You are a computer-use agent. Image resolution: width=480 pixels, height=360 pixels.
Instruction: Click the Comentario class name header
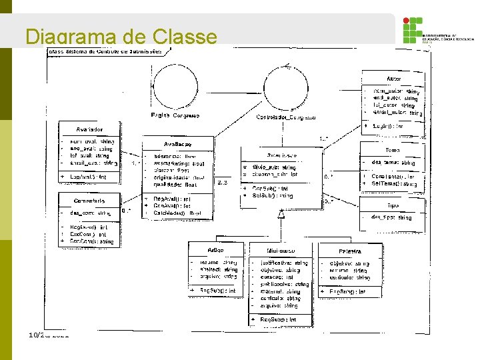(x=90, y=200)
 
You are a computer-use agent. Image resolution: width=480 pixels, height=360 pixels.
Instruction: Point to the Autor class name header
(x=394, y=78)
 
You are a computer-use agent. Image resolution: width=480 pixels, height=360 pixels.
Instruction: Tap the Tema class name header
(x=393, y=150)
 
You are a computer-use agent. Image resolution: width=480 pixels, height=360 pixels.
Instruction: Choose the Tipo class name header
(x=393, y=205)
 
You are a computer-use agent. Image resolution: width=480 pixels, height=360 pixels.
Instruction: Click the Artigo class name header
(x=215, y=249)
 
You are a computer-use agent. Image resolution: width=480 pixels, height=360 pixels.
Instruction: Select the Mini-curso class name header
(x=281, y=251)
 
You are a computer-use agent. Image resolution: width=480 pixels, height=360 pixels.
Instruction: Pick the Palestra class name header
(x=349, y=251)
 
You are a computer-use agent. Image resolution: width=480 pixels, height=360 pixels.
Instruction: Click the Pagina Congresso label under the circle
(x=175, y=115)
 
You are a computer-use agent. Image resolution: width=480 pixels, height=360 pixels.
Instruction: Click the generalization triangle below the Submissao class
(x=281, y=213)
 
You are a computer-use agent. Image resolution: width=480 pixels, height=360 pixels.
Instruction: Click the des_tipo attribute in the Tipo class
(x=391, y=217)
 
